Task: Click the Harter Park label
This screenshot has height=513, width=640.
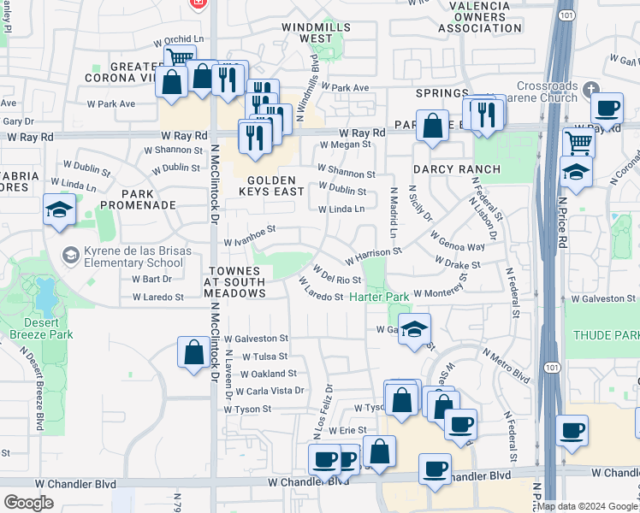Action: (x=379, y=297)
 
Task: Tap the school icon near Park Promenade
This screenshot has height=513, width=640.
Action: (x=59, y=209)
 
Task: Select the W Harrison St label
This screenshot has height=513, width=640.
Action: (x=374, y=254)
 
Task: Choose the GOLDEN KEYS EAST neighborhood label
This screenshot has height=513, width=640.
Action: (x=276, y=186)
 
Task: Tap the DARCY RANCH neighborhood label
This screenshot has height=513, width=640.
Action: (x=456, y=169)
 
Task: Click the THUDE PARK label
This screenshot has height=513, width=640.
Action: (x=605, y=335)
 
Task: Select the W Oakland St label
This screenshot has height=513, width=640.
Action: (x=270, y=374)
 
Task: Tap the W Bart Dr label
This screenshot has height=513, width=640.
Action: (x=152, y=279)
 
